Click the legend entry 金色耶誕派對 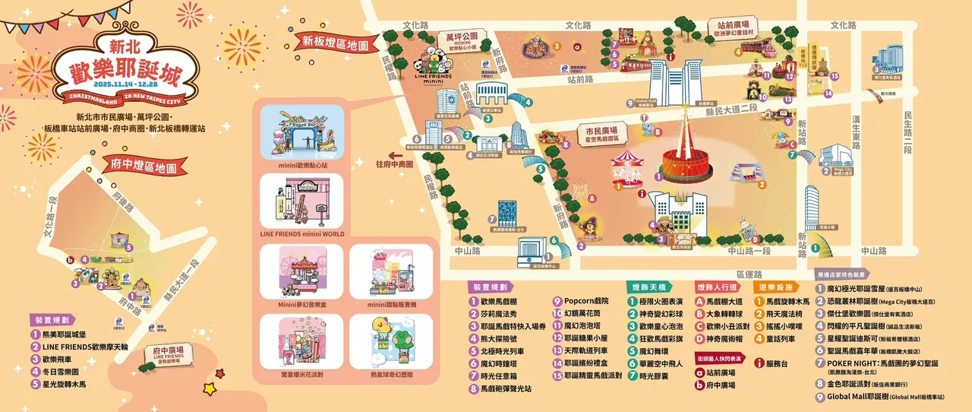[x=859, y=384]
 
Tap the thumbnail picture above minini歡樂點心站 [x=301, y=134]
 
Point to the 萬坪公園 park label [x=461, y=36]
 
